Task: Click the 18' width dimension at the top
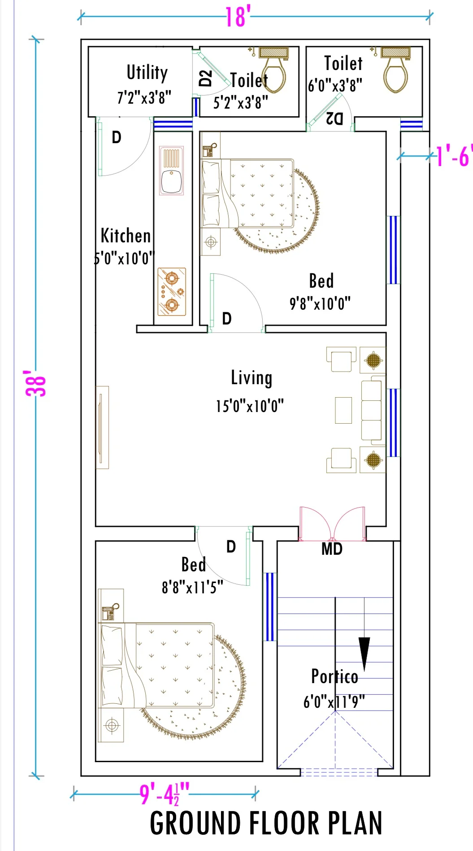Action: point(236,17)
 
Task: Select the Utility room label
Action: point(147,72)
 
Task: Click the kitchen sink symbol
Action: point(171,171)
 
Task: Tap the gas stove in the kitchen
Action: point(172,292)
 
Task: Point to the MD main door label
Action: point(332,549)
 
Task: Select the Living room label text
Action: point(251,378)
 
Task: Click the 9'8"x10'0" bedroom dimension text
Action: point(320,304)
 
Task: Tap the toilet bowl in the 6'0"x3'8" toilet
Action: point(395,77)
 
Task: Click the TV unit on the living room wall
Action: point(102,427)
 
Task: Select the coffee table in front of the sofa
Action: point(343,410)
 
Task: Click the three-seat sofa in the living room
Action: point(372,410)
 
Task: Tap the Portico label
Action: point(334,676)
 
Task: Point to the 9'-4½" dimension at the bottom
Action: point(165,794)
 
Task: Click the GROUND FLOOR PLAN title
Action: point(266,823)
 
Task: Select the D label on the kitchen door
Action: point(117,137)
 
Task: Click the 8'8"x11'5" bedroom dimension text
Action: point(192,587)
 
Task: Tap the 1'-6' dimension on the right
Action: point(453,156)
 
